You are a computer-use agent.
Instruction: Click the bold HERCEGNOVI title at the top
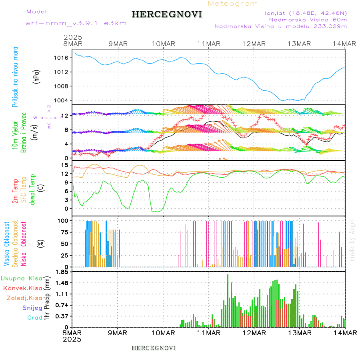point(167,14)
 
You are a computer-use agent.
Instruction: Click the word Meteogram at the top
point(233,4)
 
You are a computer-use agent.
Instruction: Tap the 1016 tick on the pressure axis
point(62,58)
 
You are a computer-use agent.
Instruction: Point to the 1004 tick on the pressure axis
point(62,100)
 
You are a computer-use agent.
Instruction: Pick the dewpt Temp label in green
point(32,188)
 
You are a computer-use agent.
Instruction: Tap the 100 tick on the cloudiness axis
point(62,220)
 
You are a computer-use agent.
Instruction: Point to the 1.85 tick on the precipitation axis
point(62,272)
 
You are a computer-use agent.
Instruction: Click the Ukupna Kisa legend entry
point(21,278)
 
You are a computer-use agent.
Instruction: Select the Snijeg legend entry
point(32,308)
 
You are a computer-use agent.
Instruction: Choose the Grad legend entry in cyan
point(34,318)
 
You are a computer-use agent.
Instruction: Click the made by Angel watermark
point(352,240)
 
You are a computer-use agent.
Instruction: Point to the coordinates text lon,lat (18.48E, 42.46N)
point(306,13)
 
